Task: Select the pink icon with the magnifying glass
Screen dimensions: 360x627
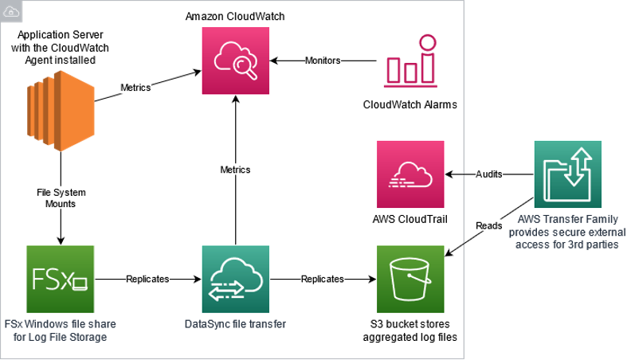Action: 236,60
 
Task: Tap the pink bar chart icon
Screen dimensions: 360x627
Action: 410,61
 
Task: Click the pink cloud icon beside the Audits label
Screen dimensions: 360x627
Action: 410,174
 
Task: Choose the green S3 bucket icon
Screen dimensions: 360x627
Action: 410,280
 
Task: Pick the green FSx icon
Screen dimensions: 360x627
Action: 60,280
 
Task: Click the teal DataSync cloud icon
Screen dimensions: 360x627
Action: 236,280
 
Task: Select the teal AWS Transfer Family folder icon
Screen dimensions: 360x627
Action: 568,174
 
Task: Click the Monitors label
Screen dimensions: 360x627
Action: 323,61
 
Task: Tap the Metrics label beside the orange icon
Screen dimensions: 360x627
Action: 135,87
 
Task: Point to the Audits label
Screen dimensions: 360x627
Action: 489,174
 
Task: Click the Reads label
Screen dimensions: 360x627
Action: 489,225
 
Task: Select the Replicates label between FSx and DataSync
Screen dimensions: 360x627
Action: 147,279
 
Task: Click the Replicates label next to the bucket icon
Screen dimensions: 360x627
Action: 323,279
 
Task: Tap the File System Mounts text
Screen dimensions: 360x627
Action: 61,198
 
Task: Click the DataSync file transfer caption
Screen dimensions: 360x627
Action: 236,323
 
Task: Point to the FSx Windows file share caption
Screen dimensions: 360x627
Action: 60,330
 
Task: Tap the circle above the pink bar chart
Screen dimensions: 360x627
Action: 429,42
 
